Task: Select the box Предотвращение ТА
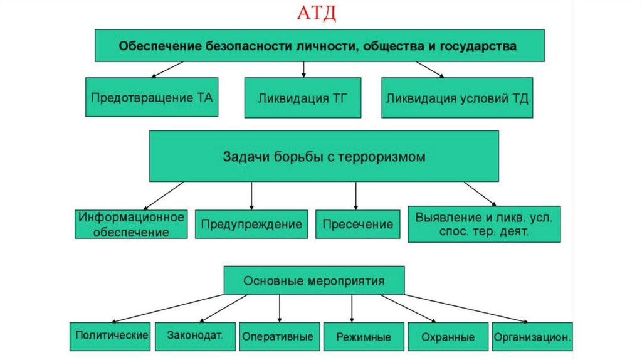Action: tap(152, 97)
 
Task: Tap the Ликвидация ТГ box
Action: tap(302, 98)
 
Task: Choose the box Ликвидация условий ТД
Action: tap(457, 98)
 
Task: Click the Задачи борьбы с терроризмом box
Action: tap(324, 156)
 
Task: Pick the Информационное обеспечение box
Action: tap(131, 225)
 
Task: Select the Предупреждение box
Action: tap(251, 224)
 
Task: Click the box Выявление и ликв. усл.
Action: tap(483, 224)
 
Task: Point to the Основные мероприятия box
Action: tap(314, 280)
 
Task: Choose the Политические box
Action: tap(111, 336)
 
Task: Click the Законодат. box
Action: tap(195, 336)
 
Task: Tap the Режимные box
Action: tap(363, 337)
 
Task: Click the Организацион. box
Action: tap(532, 337)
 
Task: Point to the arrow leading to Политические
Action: tap(163, 307)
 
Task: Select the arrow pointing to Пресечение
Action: tap(355, 196)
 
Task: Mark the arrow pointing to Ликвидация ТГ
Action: tap(303, 68)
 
